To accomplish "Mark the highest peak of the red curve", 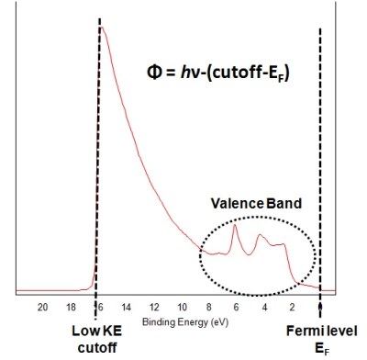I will [x=102, y=28].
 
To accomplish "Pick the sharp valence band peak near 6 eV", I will [x=236, y=226].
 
